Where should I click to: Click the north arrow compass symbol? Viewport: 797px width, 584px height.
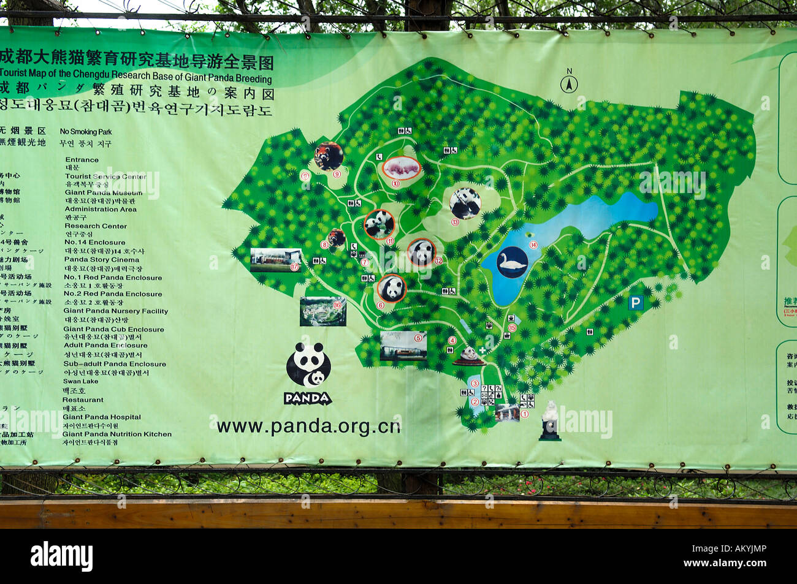tap(568, 83)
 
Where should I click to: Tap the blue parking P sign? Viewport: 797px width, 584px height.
tap(636, 303)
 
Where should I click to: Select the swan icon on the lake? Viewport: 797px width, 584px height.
tap(512, 262)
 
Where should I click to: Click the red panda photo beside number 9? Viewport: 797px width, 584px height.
tap(329, 156)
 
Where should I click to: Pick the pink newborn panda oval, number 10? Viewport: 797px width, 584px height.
tap(402, 167)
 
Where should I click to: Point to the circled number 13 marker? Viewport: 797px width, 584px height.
tap(455, 222)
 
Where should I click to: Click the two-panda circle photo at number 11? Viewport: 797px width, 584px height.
tap(379, 224)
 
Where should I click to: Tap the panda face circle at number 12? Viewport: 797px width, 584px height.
tap(422, 252)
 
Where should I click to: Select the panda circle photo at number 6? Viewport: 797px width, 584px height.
tap(392, 288)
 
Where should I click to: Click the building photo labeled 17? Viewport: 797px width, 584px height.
tap(276, 259)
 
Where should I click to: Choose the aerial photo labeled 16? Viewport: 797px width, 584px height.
tap(322, 311)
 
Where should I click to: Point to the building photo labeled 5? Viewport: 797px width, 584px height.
tap(403, 346)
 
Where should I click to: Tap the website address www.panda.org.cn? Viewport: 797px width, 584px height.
tap(308, 426)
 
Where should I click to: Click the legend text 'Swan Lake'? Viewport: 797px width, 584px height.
tap(80, 381)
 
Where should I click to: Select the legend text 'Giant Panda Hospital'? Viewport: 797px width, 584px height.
tap(101, 417)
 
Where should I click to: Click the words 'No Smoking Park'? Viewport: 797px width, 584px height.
tap(86, 132)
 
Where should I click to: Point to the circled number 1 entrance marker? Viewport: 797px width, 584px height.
tap(524, 414)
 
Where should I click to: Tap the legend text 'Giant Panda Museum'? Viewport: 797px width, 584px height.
tap(103, 192)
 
